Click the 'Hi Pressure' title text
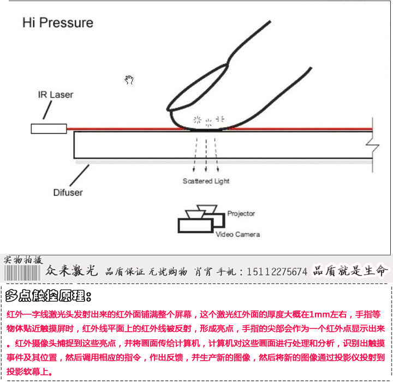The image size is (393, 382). tap(58, 23)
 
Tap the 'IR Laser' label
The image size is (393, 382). tap(56, 95)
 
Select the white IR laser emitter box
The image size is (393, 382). tap(49, 129)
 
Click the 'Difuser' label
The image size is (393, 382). tap(68, 193)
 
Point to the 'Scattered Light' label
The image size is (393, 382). tap(206, 181)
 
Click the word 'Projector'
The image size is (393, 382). tap(241, 213)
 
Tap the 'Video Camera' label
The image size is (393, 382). tap(238, 234)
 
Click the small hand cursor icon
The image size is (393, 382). tap(129, 80)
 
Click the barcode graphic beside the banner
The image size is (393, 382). tap(22, 273)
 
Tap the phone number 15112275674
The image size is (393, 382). tap(277, 271)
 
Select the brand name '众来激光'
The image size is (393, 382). tap(72, 271)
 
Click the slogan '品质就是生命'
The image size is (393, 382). tap(350, 271)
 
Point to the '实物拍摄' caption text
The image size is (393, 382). tap(23, 260)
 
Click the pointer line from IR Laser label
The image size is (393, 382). tap(47, 110)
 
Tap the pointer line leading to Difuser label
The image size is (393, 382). tap(80, 175)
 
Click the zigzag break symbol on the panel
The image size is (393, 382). tap(373, 145)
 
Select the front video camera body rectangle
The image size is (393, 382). tap(195, 225)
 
